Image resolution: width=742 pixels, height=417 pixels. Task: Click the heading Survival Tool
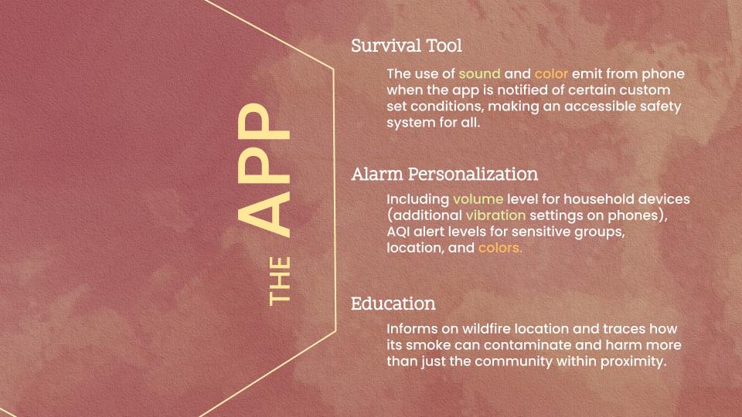(x=407, y=46)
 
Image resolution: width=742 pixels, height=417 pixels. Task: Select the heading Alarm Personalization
(x=444, y=174)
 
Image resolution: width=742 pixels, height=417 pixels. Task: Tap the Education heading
(x=393, y=303)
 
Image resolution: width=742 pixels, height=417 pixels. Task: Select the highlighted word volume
(x=477, y=199)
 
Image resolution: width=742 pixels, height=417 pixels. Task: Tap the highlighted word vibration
(x=495, y=215)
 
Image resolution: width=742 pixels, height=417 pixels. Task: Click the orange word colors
(x=500, y=249)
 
